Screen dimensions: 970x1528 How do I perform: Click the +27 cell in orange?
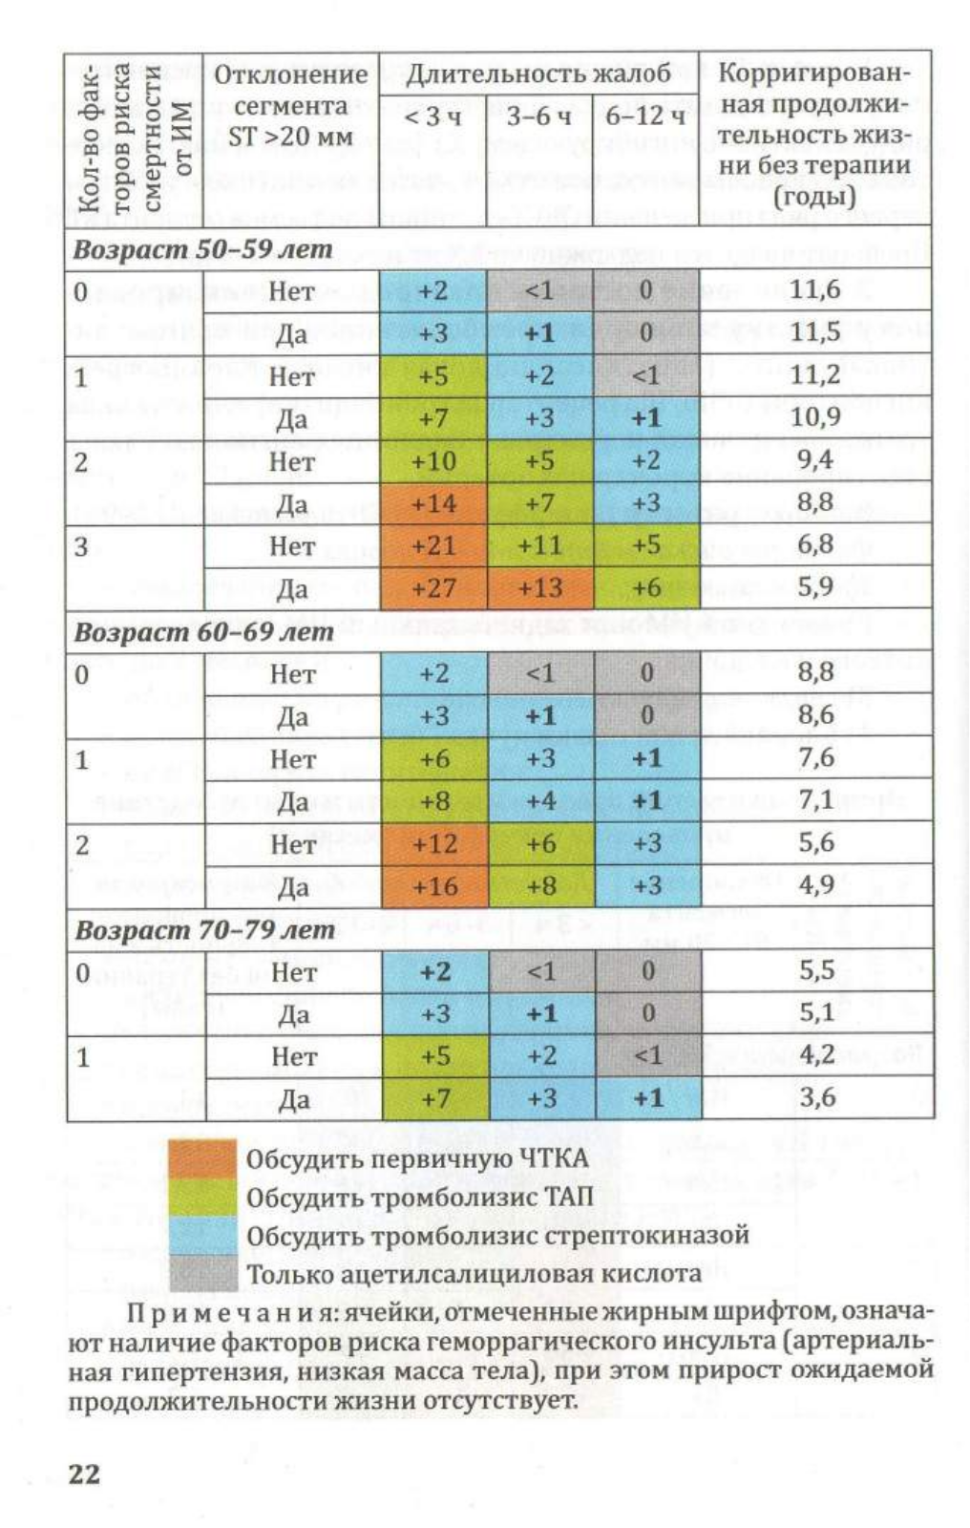pos(433,587)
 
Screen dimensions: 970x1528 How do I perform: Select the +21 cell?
pos(433,545)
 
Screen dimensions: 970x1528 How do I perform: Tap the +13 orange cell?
pos(540,587)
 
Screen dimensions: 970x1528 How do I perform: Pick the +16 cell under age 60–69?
pos(435,886)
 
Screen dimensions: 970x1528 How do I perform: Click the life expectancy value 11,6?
pos(815,290)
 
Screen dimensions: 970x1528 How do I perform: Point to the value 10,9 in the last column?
pos(815,416)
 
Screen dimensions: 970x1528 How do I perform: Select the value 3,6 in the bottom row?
pos(816,1097)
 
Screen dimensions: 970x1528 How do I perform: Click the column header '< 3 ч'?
pos(432,117)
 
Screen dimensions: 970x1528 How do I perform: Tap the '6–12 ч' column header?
pos(645,117)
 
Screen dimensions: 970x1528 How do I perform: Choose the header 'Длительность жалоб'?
pos(538,74)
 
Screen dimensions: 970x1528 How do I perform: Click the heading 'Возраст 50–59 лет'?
pos(202,249)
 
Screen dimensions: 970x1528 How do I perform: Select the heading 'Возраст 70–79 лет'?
pos(204,930)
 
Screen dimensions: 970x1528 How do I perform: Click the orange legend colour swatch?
pos(202,1158)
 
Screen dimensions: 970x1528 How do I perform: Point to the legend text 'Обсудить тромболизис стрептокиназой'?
pos(498,1236)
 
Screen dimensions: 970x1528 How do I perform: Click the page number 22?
pos(84,1475)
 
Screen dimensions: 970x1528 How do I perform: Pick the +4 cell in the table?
pos(541,801)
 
